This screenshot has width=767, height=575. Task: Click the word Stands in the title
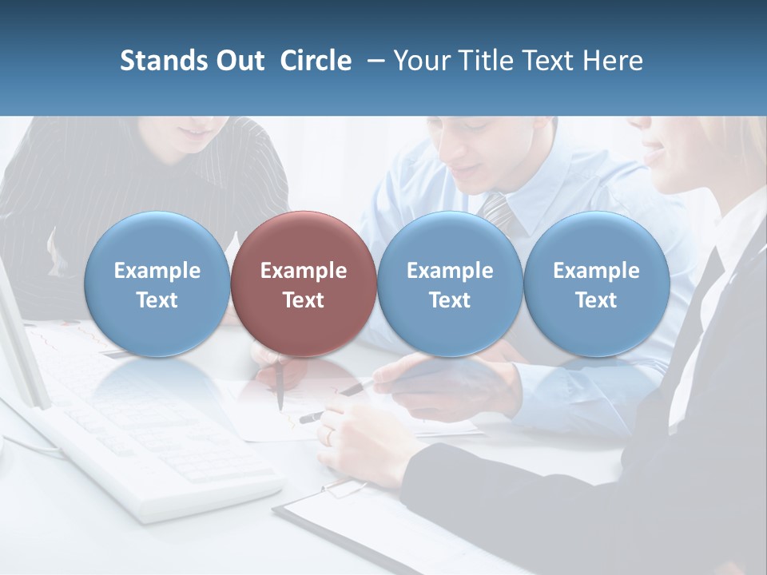coord(160,61)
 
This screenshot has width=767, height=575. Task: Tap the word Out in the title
coord(238,61)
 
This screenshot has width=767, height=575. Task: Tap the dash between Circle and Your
coord(373,61)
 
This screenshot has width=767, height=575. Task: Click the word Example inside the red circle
coord(303,271)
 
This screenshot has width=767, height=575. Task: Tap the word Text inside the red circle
coord(303,300)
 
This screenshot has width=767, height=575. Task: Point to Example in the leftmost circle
coord(157,271)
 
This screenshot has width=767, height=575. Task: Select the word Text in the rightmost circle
coord(596,300)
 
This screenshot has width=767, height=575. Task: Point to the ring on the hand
coord(328,435)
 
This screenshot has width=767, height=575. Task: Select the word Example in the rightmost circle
coord(596,271)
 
